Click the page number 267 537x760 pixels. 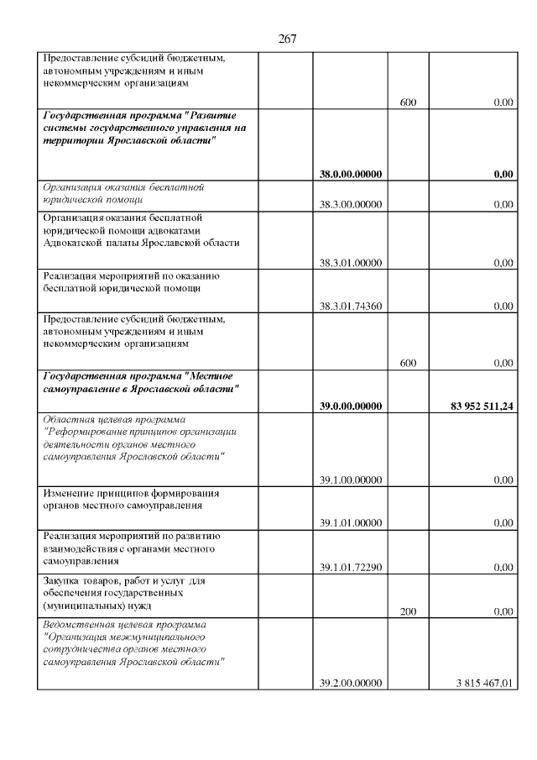[287, 39]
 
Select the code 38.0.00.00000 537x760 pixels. [351, 175]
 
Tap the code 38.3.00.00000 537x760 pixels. [351, 204]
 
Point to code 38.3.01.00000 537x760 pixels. [351, 263]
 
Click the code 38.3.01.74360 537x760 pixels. [351, 306]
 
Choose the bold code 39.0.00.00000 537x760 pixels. [351, 406]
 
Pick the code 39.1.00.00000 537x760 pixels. [351, 480]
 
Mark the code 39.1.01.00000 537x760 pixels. [351, 522]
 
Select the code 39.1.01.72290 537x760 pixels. [351, 567]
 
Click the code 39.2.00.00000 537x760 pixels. [351, 683]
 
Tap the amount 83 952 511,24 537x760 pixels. [474, 406]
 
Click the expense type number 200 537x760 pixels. [408, 611]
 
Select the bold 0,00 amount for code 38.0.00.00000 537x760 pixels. [503, 175]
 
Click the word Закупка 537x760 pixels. [64, 580]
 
